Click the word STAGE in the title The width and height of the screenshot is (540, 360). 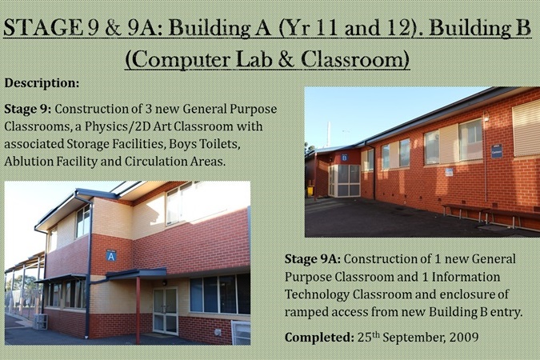tap(43, 27)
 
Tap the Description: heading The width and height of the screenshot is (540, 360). tap(42, 83)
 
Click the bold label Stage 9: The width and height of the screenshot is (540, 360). tap(27, 110)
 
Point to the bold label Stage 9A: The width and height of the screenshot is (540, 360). tap(312, 259)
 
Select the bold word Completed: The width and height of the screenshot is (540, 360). tap(319, 338)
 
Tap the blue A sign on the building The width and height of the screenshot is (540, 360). tap(111, 256)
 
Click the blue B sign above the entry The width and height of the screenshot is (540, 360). tap(345, 158)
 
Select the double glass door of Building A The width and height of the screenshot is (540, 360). tap(166, 311)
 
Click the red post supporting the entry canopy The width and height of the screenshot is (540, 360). tap(138, 310)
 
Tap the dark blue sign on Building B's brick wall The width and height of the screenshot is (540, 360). tap(497, 151)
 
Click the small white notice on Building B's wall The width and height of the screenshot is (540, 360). tap(449, 172)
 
